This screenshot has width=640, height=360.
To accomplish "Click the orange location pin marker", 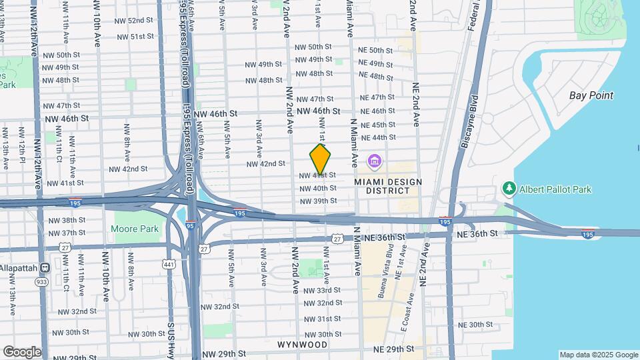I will point(321,159).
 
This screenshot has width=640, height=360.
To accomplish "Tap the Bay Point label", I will point(591,95).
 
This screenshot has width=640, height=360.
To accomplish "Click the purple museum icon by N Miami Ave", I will point(374,161).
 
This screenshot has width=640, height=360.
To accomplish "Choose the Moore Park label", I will point(136,229).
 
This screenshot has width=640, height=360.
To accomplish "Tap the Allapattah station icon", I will point(45,268).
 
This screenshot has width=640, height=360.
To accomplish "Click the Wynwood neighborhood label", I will point(303,345).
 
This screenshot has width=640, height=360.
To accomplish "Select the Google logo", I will point(22,351).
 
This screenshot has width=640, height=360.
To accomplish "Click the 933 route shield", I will point(41,282).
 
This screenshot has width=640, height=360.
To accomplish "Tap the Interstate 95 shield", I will point(191,226).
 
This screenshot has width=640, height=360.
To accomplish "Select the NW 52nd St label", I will point(132,21).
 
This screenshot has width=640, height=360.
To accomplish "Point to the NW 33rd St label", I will point(321,291).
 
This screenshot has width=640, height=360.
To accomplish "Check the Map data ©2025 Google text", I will point(598,355).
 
